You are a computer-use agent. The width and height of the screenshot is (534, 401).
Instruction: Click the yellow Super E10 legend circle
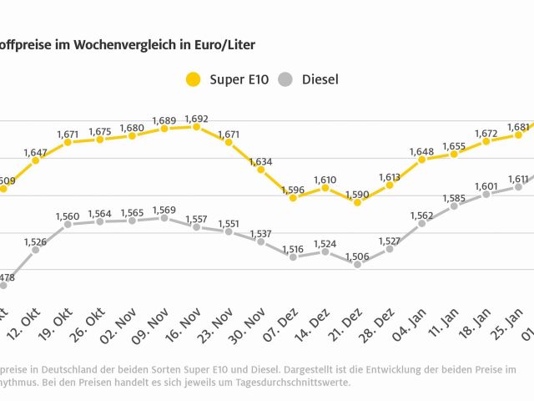click(x=194, y=80)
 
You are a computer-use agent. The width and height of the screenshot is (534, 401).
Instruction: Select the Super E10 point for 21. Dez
click(x=357, y=201)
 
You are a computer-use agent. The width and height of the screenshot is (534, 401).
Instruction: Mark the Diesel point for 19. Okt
click(x=68, y=224)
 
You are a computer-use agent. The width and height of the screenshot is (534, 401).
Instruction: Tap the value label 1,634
click(x=260, y=161)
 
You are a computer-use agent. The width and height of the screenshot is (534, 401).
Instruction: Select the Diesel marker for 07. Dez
click(x=293, y=256)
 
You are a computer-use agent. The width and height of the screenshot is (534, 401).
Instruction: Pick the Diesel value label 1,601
click(x=486, y=186)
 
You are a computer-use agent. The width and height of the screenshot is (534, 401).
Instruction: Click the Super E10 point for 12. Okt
click(x=35, y=160)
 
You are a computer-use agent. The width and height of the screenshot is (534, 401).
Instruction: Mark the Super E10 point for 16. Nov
click(x=196, y=127)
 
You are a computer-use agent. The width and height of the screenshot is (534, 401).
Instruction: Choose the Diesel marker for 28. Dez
click(x=389, y=249)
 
